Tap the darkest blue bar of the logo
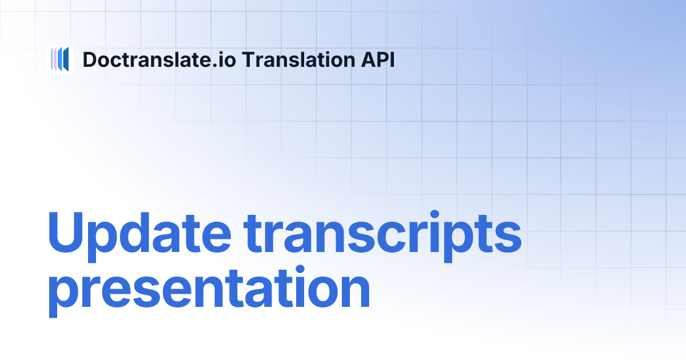click(66, 59)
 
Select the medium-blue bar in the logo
click(59, 59)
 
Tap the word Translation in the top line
click(292, 59)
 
